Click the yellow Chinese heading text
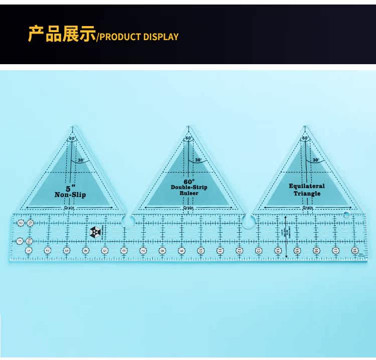click(x=61, y=35)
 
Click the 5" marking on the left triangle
click(x=70, y=176)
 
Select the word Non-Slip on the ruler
click(x=70, y=194)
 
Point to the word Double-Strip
click(x=189, y=187)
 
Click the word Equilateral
click(x=307, y=186)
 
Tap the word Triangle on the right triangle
click(x=307, y=194)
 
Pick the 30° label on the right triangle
click(x=315, y=160)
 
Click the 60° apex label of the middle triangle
click(x=189, y=138)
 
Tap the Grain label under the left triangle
click(x=70, y=208)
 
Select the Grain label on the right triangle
click(x=307, y=208)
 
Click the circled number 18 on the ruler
click(x=355, y=250)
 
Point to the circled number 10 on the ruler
click(x=201, y=250)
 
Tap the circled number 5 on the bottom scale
click(x=105, y=250)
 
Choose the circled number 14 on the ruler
click(x=278, y=250)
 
